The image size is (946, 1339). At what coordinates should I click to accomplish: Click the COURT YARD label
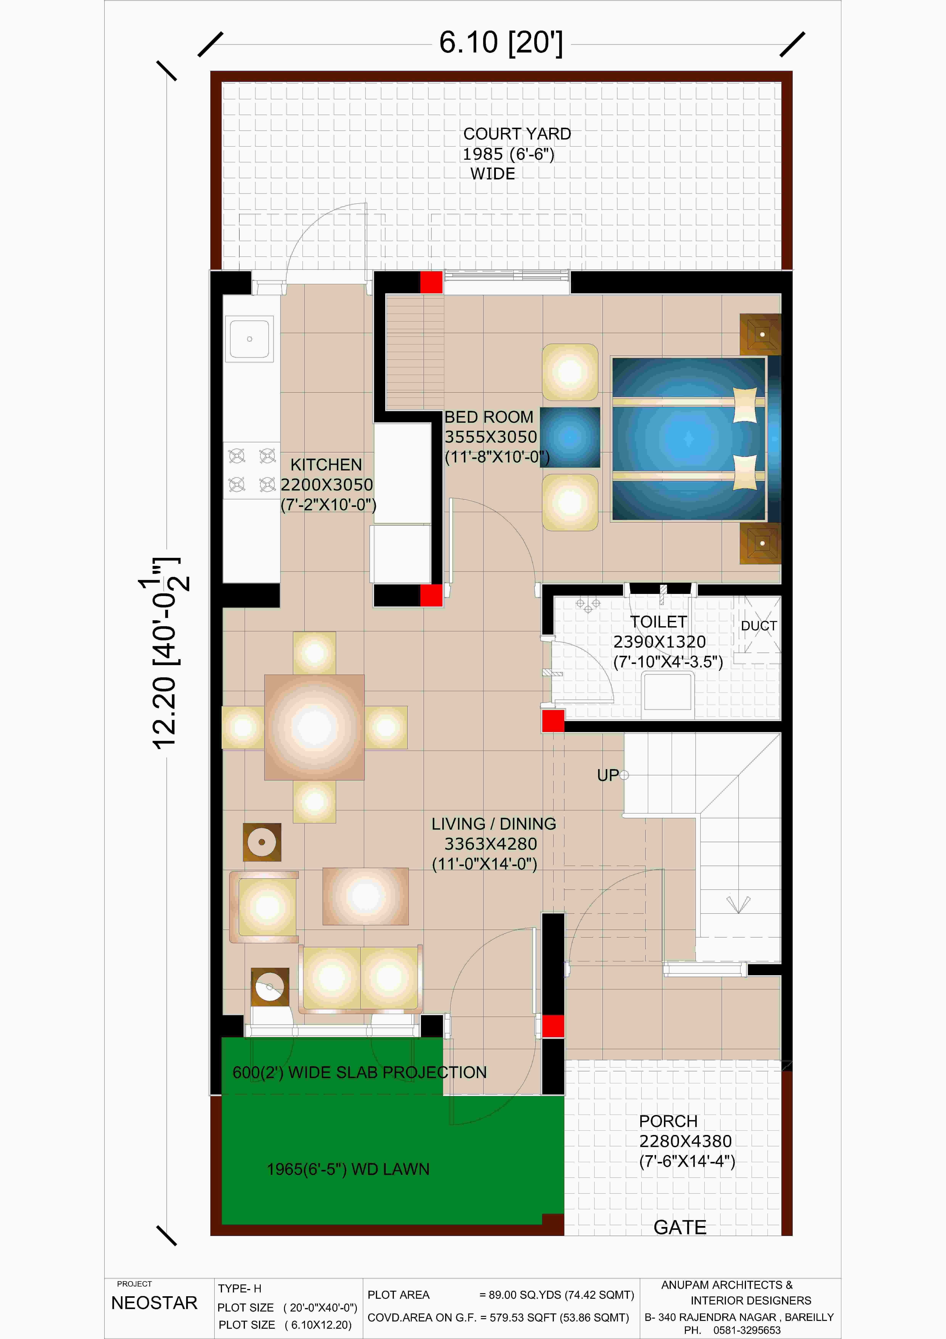(517, 134)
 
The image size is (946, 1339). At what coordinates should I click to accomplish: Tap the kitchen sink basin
(249, 338)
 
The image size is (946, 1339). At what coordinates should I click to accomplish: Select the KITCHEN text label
(326, 465)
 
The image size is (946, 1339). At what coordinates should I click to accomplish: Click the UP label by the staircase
(608, 775)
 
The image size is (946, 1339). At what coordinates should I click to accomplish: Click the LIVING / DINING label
(494, 824)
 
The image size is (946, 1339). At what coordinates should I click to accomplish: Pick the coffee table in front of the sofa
(365, 896)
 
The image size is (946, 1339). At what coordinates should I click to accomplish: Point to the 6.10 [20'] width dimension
(501, 43)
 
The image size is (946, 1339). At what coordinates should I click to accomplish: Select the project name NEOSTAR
(154, 1303)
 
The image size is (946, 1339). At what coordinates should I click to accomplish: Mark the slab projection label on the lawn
(360, 1073)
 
